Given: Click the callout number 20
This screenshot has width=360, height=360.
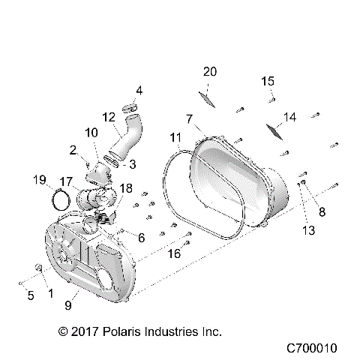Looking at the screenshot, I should coord(210,71).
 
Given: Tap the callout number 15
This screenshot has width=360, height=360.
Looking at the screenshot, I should coord(268,81).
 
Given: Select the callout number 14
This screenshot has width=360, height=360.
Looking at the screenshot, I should coord(290,116).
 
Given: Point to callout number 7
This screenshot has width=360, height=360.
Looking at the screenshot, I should coord(190,118).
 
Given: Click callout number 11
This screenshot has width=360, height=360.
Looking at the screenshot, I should coord(175,137).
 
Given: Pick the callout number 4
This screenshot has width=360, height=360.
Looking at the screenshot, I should coord(139,91).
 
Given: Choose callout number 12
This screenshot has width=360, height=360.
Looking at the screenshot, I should coord(109,116).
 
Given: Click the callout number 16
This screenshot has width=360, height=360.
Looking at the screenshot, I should coord(173,253).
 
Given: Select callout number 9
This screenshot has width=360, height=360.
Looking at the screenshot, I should coord(68,305).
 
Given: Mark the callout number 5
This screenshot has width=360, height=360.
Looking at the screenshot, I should coord(31,295).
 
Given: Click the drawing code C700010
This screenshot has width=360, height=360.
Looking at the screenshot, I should coord(313,349).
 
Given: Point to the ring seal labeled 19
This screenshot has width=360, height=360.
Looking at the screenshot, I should coord(62,200).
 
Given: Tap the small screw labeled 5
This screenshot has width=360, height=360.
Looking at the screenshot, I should coord(18,283).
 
